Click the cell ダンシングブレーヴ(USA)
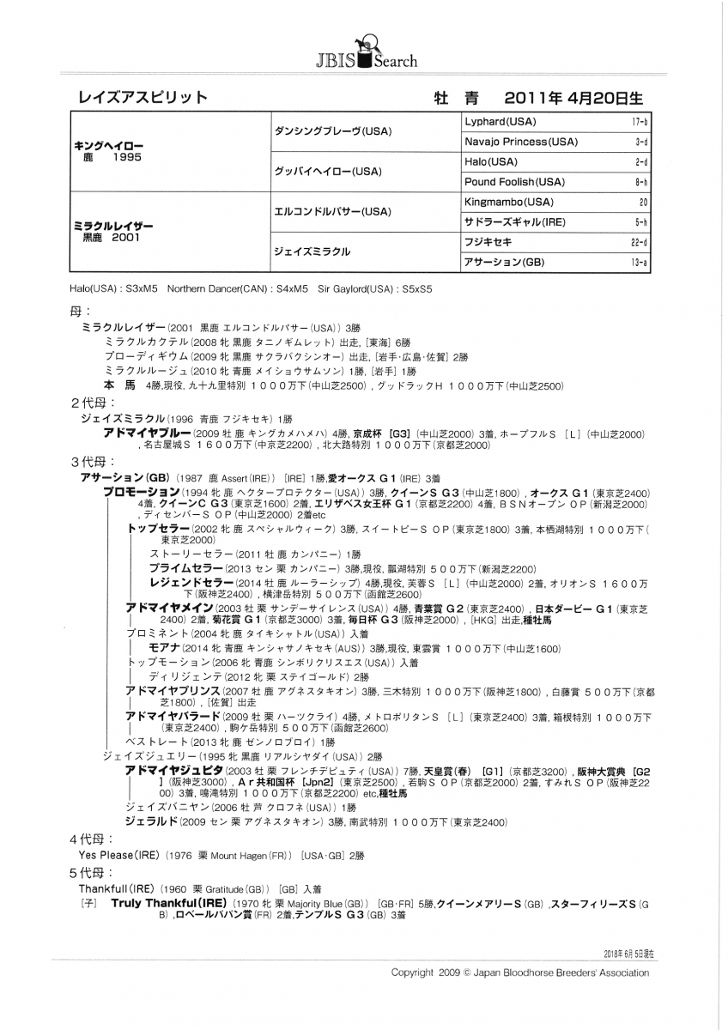coord(332,131)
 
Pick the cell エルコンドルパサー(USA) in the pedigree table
coord(332,211)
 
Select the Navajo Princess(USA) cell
coord(520,142)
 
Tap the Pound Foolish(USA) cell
coord(514,182)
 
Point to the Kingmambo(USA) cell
coord(507,203)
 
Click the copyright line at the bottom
coord(519,972)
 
